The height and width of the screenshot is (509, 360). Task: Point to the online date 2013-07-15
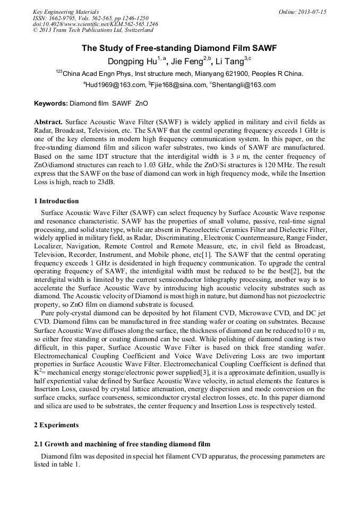pos(311,11)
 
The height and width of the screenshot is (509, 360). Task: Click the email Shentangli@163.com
pos(244,85)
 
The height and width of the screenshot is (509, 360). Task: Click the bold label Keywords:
pos(51,103)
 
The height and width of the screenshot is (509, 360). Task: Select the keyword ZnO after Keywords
pos(142,103)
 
